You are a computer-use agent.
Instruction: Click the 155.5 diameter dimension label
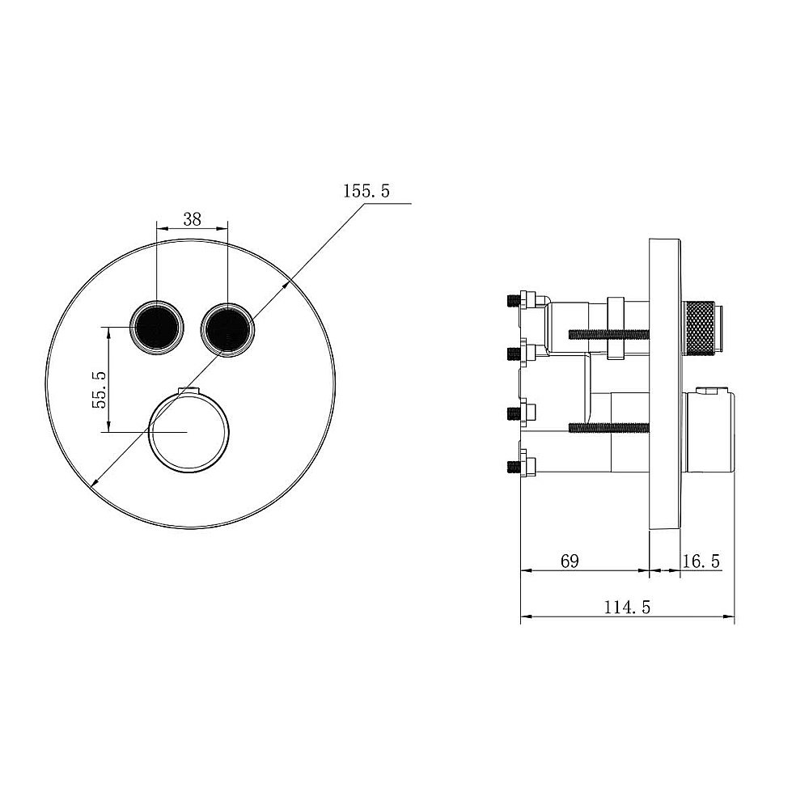coord(366,192)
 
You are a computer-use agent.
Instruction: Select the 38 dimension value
coord(192,218)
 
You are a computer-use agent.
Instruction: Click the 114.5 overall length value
coord(627,608)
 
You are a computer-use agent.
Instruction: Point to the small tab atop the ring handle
coord(189,392)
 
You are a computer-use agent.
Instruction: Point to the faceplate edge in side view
coord(665,384)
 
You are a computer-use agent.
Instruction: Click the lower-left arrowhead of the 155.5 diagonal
coord(95,483)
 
